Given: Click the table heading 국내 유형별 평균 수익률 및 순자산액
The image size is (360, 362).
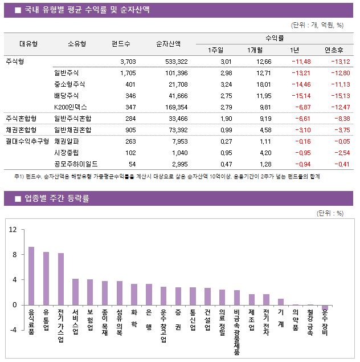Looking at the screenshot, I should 91,9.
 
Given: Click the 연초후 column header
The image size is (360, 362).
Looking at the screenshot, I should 333,49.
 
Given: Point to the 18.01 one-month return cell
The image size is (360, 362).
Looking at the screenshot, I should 264,84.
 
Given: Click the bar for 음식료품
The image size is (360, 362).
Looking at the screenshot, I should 31,276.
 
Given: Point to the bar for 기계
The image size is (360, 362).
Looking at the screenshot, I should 281,302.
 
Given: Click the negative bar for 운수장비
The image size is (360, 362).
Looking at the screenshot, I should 325,307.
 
